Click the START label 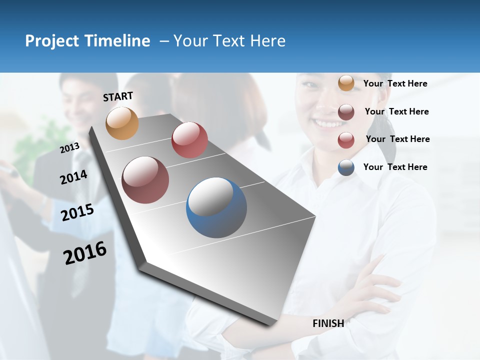coord(118,96)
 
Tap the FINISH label coord(328,323)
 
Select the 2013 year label coord(69,148)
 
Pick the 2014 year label coord(73,177)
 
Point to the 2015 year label coord(77,212)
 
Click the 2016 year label coord(85,253)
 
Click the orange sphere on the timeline coord(122,123)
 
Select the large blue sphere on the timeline coord(216,207)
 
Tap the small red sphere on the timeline coord(189,139)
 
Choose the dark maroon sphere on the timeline coord(145,180)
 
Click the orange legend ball coord(346,83)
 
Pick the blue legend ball coord(346,167)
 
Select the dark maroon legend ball coord(346,112)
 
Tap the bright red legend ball coord(346,140)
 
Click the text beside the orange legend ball coord(395,83)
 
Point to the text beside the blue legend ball coord(395,167)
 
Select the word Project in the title coord(52,41)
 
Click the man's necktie coord(80,165)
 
